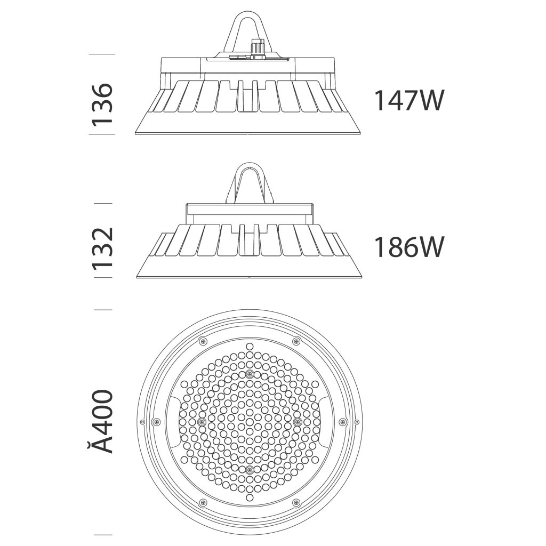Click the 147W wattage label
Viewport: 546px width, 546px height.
[x=408, y=100]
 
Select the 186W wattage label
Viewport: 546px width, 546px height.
[x=408, y=247]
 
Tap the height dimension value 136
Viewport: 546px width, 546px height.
[x=102, y=104]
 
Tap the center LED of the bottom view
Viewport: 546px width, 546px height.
[x=249, y=421]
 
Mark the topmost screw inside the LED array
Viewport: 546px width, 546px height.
[x=249, y=372]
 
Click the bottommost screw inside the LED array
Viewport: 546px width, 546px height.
[x=249, y=470]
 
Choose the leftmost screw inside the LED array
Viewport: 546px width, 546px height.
[x=201, y=421]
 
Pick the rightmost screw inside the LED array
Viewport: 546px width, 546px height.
[x=298, y=421]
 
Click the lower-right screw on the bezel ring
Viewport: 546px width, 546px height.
[x=296, y=502]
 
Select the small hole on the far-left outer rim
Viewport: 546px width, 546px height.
[x=142, y=422]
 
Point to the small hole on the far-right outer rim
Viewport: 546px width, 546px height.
[x=356, y=422]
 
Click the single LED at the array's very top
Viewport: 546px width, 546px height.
[x=249, y=346]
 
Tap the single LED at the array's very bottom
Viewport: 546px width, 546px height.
[x=249, y=496]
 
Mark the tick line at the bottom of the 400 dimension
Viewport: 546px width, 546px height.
[x=103, y=534]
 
